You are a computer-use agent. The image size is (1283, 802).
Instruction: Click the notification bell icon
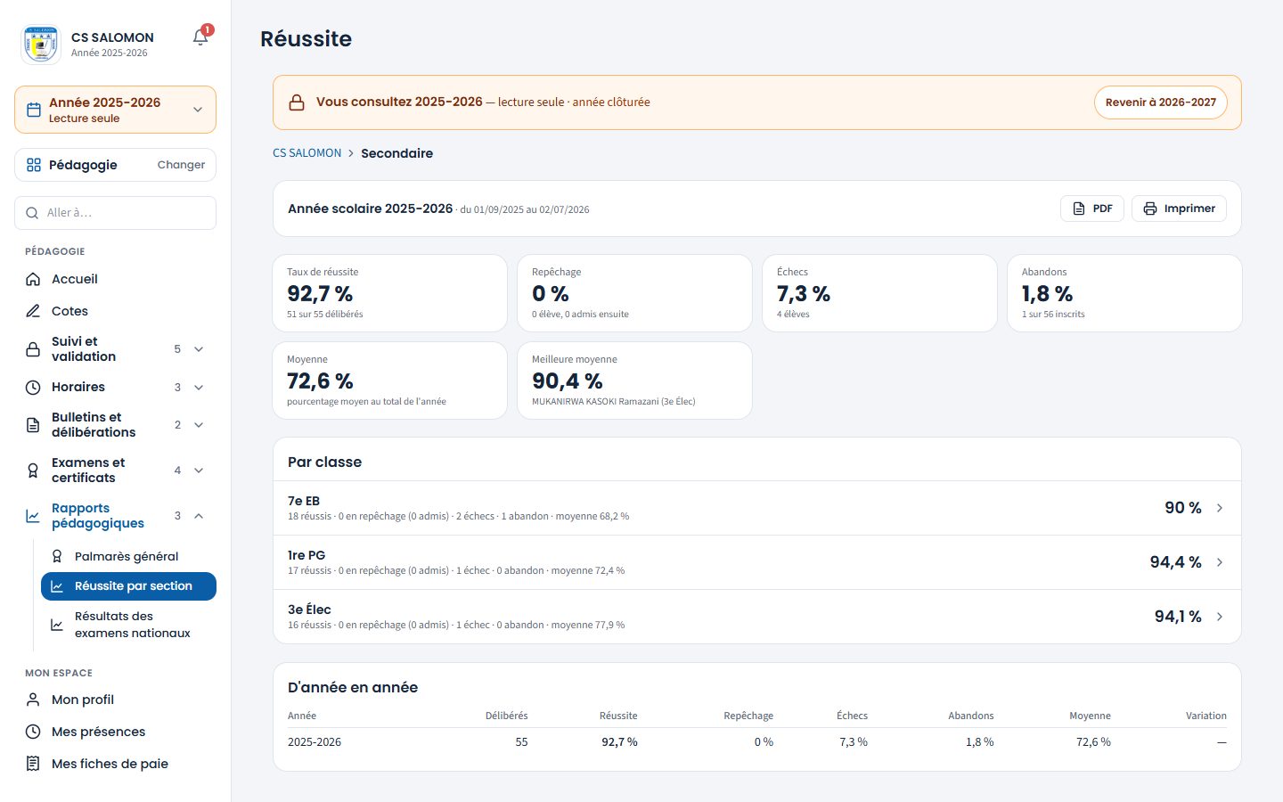[200, 37]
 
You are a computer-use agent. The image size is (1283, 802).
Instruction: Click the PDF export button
[1091, 209]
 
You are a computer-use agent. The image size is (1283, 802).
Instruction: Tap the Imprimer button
[1179, 209]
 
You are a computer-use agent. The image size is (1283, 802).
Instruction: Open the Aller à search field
[115, 213]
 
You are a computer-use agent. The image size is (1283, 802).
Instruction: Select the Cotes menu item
[69, 311]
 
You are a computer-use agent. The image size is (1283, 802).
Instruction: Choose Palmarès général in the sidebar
[126, 556]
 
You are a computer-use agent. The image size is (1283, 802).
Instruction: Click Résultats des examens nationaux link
[132, 625]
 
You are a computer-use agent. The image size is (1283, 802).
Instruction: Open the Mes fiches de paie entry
[110, 764]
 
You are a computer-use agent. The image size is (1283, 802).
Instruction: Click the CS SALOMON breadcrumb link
[306, 153]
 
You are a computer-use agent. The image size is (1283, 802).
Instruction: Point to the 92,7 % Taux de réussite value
[320, 294]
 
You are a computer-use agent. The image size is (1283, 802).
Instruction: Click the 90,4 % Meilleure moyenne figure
[567, 381]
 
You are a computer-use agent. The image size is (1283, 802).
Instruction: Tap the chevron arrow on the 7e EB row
[1220, 508]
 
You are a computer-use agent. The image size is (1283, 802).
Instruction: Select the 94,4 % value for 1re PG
[1175, 562]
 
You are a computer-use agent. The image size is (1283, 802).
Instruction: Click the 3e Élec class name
[309, 610]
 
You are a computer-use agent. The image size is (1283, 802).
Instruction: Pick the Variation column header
[1205, 716]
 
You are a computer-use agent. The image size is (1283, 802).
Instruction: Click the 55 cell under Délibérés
[521, 741]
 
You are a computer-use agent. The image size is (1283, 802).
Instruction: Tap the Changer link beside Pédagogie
[181, 165]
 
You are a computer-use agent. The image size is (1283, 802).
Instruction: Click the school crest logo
[41, 45]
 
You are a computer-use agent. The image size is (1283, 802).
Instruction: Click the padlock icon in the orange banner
[297, 102]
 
